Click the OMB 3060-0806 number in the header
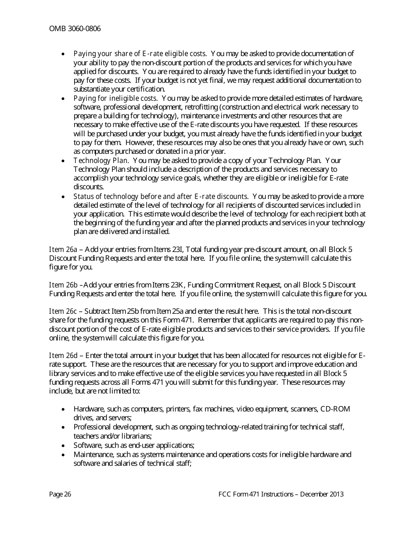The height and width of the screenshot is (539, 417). [x=75, y=29]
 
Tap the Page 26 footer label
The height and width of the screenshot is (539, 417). [x=60, y=494]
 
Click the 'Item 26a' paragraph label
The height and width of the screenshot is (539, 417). [x=63, y=249]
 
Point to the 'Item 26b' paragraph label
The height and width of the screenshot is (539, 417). [x=63, y=285]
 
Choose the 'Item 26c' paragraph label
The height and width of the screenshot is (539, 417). [x=63, y=311]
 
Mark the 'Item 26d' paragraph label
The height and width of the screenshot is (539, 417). [x=63, y=355]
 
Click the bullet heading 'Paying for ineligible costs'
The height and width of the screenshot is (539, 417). [x=115, y=98]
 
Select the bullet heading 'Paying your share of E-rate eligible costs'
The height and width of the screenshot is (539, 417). [x=140, y=53]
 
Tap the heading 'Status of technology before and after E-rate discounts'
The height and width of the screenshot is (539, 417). [x=161, y=196]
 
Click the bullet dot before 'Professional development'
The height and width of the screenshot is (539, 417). [x=64, y=427]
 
